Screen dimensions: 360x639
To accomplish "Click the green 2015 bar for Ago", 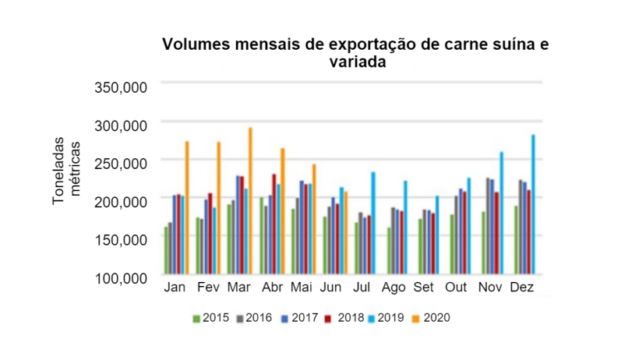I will tap(388, 250).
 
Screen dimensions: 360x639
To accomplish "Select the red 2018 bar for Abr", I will tap(274, 224).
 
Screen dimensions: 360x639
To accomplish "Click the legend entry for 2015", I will tap(210, 318).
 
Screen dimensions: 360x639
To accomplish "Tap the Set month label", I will tap(423, 288).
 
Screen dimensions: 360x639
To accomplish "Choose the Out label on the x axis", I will tap(456, 288).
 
